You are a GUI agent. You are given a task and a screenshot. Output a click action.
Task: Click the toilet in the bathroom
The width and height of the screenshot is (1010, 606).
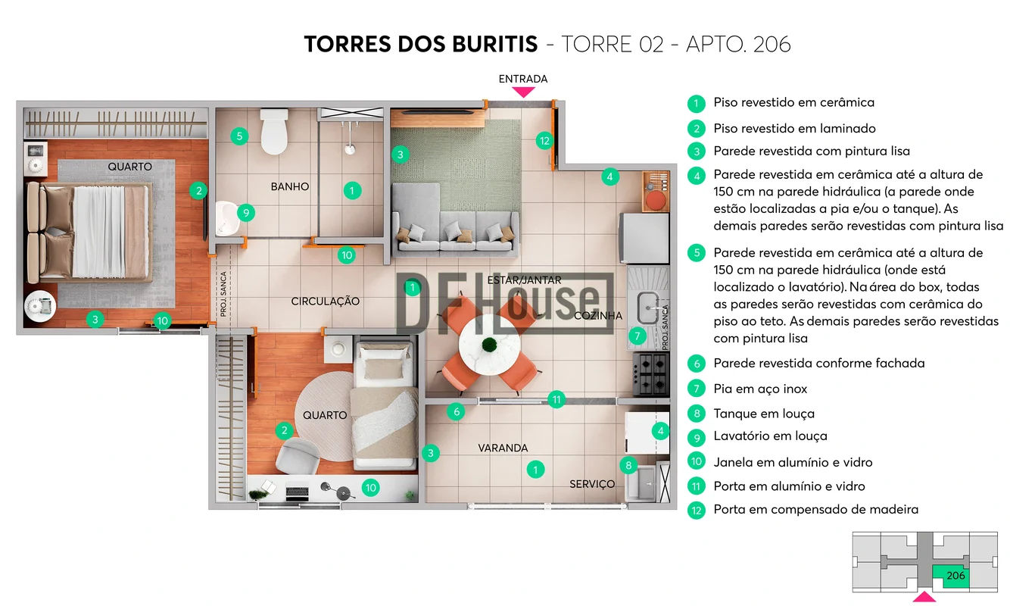tap(274, 131)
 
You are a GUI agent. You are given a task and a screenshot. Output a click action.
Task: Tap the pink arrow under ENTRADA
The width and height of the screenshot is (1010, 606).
tap(523, 92)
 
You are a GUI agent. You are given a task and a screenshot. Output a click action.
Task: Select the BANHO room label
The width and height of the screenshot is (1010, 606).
tap(289, 186)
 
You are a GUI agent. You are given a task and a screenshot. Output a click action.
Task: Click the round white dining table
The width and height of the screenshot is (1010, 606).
tap(489, 345)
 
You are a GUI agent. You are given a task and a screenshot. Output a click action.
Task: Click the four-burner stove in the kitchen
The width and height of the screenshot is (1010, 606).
tap(651, 374)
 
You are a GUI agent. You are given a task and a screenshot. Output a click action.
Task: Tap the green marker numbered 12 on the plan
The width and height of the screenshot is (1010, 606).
tap(544, 141)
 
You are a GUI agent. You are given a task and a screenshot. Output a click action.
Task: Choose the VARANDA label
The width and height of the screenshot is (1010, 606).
tap(503, 448)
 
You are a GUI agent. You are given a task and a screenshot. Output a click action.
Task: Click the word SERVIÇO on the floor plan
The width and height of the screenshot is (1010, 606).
tap(592, 484)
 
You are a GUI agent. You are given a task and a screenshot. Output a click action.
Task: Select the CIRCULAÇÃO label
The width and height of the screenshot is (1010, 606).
tap(325, 301)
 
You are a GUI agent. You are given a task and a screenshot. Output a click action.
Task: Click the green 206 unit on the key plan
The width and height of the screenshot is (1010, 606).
tap(952, 576)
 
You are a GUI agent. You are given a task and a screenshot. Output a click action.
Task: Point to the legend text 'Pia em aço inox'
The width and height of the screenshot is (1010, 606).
tap(759, 389)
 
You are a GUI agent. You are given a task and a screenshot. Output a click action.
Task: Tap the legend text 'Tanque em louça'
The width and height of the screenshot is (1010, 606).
tap(764, 414)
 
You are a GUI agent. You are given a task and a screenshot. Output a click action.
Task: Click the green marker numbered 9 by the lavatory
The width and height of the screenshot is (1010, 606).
tap(246, 213)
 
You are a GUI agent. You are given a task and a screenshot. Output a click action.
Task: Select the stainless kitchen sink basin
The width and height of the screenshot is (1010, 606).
tap(648, 308)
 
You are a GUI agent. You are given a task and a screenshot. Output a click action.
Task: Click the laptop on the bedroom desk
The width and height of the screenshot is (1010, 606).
tap(297, 492)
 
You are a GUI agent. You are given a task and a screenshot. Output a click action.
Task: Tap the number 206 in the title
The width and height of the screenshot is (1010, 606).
tap(772, 44)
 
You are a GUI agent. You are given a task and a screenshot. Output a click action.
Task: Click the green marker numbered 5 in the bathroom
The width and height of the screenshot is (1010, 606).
tap(239, 136)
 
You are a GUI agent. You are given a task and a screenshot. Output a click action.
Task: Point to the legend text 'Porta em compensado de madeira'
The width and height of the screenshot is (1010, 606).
tap(815, 510)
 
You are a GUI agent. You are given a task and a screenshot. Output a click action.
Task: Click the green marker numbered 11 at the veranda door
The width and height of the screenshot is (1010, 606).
tap(556, 399)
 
